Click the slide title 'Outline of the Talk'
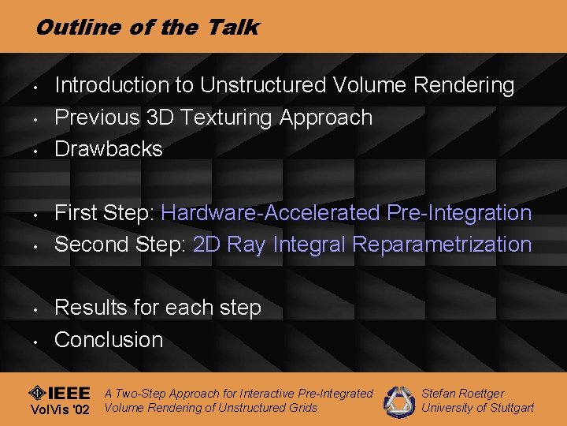(146, 28)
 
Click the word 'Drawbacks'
(108, 149)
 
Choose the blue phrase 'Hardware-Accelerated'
(272, 213)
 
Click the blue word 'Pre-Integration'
(460, 213)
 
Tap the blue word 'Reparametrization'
(443, 245)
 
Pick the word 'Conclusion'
(109, 340)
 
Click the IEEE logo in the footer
(59, 394)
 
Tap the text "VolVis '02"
(59, 410)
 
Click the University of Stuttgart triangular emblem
(398, 401)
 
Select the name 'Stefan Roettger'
(463, 393)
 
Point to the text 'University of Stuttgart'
(477, 408)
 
